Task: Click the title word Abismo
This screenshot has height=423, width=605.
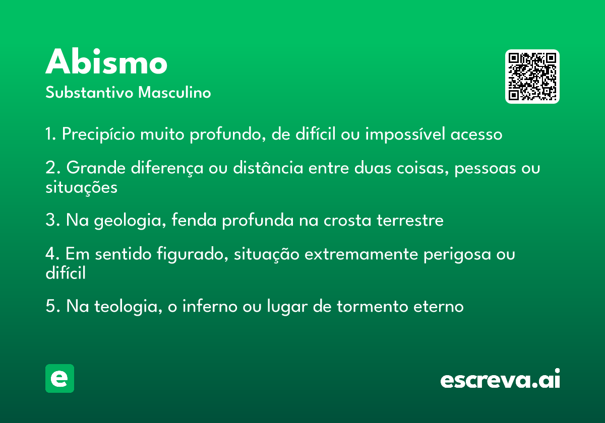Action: pyautogui.click(x=106, y=61)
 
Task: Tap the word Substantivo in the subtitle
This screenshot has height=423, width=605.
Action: pyautogui.click(x=89, y=92)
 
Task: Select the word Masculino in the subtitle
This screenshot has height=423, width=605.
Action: pyautogui.click(x=174, y=92)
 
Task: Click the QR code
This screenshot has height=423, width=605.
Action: pyautogui.click(x=532, y=77)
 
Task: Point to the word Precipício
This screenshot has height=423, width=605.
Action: pyautogui.click(x=98, y=134)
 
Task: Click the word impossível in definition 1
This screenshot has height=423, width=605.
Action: pyautogui.click(x=405, y=134)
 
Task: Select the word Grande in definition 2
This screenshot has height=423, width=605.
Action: pyautogui.click(x=96, y=168)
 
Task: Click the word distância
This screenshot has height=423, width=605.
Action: pyautogui.click(x=268, y=167)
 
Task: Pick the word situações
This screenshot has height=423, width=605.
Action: pyautogui.click(x=81, y=187)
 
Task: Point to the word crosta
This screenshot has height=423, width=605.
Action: pyautogui.click(x=347, y=221)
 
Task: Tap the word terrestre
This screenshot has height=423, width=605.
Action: pyautogui.click(x=410, y=221)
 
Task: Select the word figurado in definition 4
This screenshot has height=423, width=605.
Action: pyautogui.click(x=192, y=254)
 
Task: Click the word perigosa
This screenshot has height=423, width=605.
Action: pyautogui.click(x=457, y=255)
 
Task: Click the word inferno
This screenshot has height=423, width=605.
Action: pyautogui.click(x=210, y=306)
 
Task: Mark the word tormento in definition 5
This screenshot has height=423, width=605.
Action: pyautogui.click(x=372, y=307)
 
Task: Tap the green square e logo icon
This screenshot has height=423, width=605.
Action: pyautogui.click(x=59, y=378)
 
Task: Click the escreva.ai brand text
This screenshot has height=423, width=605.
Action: pyautogui.click(x=500, y=378)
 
